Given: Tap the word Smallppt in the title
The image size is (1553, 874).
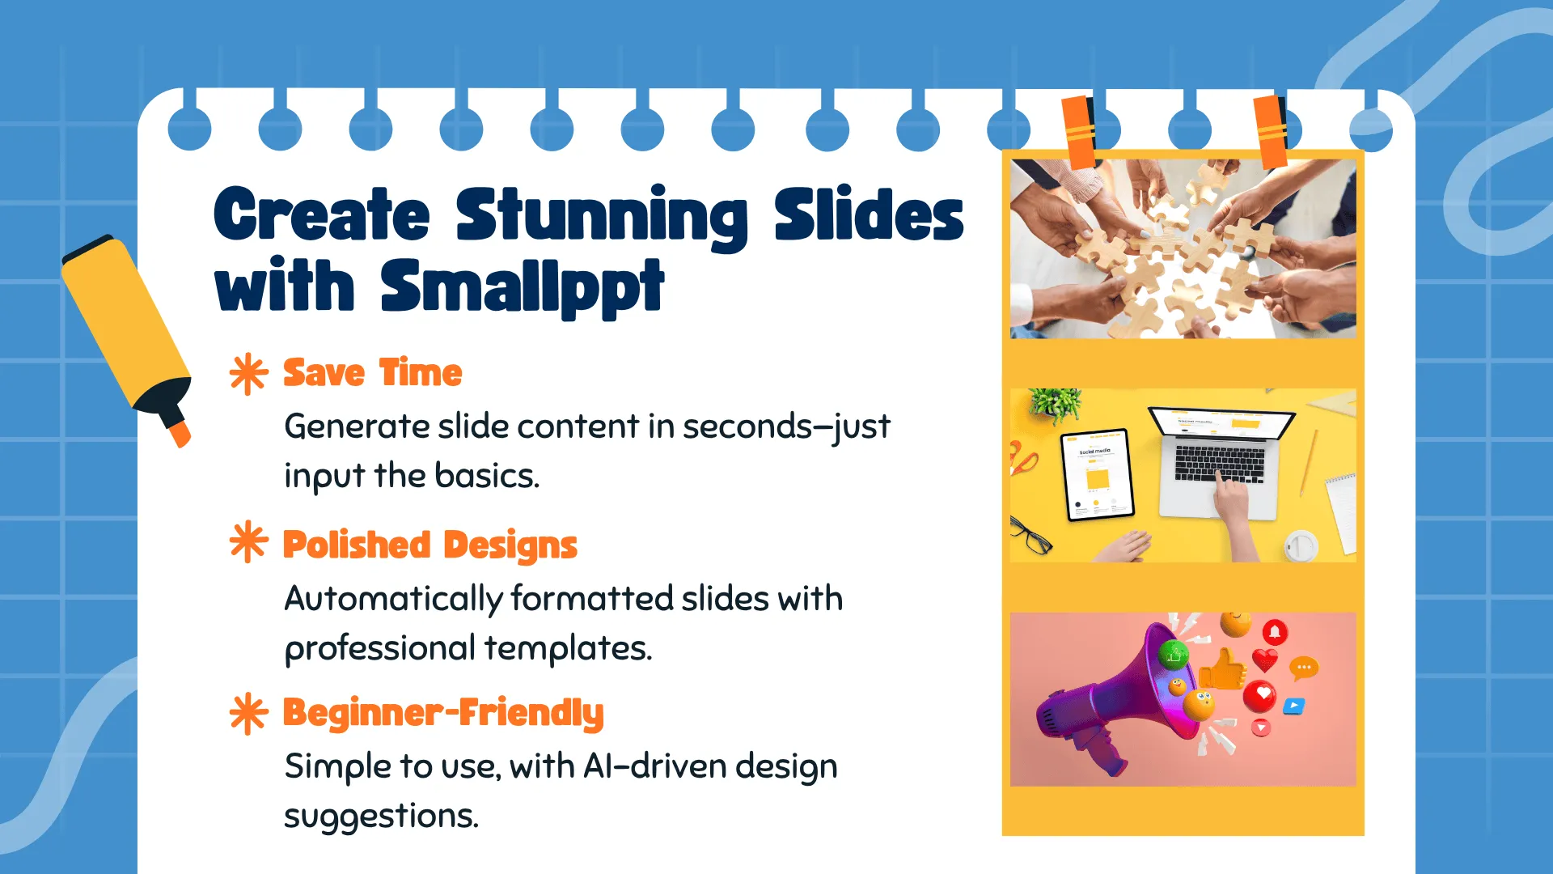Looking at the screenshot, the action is (523, 286).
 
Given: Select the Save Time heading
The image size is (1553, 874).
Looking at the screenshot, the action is (372, 373).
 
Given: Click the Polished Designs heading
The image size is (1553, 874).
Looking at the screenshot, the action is (430, 545).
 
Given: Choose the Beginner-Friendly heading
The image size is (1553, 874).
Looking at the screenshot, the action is (443, 713).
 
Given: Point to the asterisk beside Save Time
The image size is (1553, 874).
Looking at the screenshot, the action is (248, 374).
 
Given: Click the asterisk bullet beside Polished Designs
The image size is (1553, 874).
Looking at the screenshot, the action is (248, 541).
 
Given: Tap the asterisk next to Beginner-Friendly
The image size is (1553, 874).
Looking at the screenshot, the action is (248, 714).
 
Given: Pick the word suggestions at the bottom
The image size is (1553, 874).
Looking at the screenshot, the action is (381, 817).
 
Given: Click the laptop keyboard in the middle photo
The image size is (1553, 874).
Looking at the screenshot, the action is (1219, 463).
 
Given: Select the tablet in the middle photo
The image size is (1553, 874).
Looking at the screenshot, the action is (1098, 475).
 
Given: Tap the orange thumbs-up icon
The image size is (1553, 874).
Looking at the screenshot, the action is (1223, 669).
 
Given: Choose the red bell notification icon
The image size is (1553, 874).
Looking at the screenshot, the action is (1275, 632).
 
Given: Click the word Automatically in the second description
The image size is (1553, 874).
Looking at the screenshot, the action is (394, 600).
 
